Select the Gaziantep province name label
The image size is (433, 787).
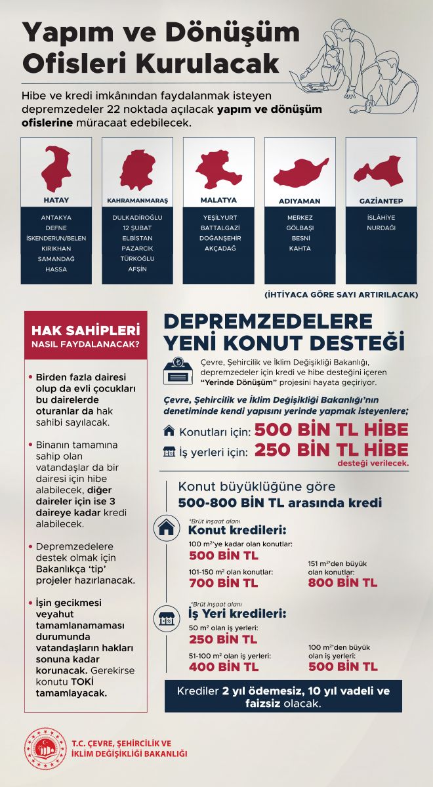[381, 200]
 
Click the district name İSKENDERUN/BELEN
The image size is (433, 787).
[56, 237]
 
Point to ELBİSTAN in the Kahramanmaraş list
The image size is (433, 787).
[137, 237]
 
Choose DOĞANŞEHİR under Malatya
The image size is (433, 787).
[218, 237]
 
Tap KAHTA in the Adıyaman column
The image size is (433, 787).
[299, 248]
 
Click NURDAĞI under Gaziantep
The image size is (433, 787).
[381, 227]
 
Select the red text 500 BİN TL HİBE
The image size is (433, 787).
[331, 430]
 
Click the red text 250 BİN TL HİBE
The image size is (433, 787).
[331, 450]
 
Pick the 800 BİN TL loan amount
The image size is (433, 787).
[342, 582]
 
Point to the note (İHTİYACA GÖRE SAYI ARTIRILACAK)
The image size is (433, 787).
[341, 294]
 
